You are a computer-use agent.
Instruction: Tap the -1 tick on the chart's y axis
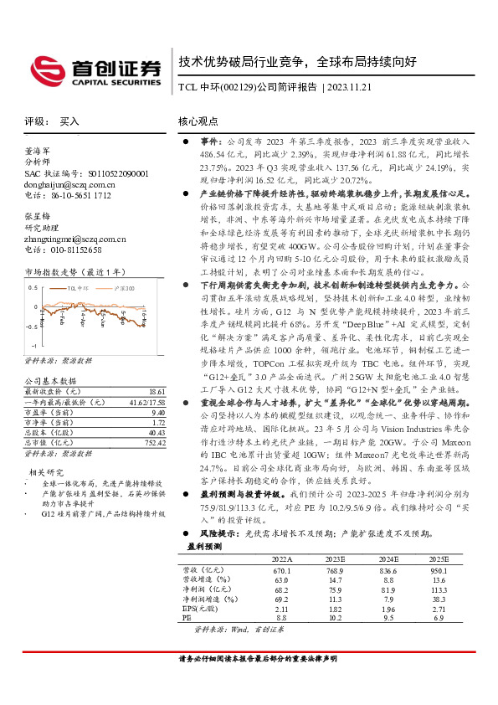click(x=33, y=345)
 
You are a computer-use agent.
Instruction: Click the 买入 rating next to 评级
click(x=69, y=121)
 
